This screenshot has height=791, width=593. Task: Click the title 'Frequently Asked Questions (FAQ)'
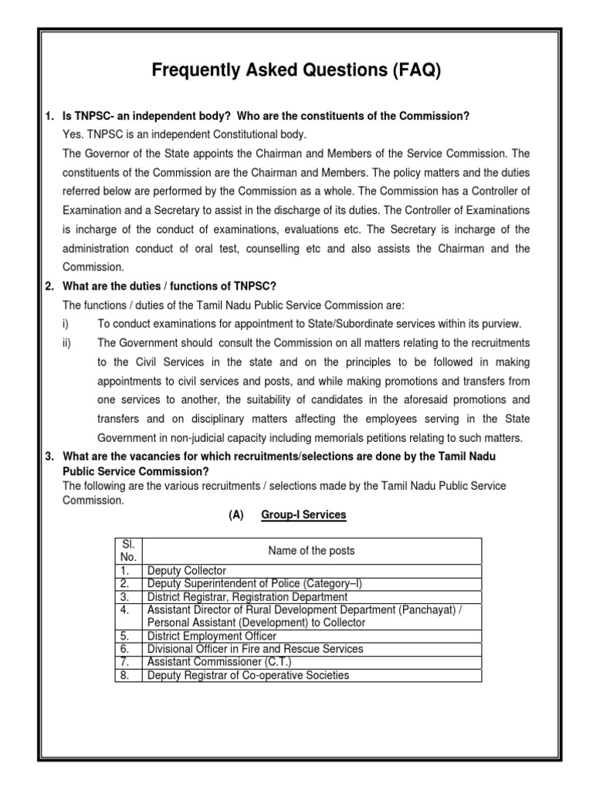coord(296,72)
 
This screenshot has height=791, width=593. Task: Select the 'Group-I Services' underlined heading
coord(303,514)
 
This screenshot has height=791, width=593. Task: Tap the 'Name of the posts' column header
coord(311,551)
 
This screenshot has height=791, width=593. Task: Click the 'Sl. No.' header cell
coord(127,551)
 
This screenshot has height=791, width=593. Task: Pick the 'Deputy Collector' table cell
coord(187,571)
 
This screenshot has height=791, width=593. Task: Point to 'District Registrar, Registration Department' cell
coord(247,597)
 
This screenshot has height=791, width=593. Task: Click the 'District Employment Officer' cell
coord(212,637)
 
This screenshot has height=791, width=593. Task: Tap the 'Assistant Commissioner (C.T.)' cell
coord(219,663)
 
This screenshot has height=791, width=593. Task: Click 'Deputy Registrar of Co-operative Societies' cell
coord(248,676)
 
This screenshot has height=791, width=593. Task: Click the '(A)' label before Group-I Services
coord(236,514)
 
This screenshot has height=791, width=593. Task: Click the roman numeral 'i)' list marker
coord(66,323)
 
